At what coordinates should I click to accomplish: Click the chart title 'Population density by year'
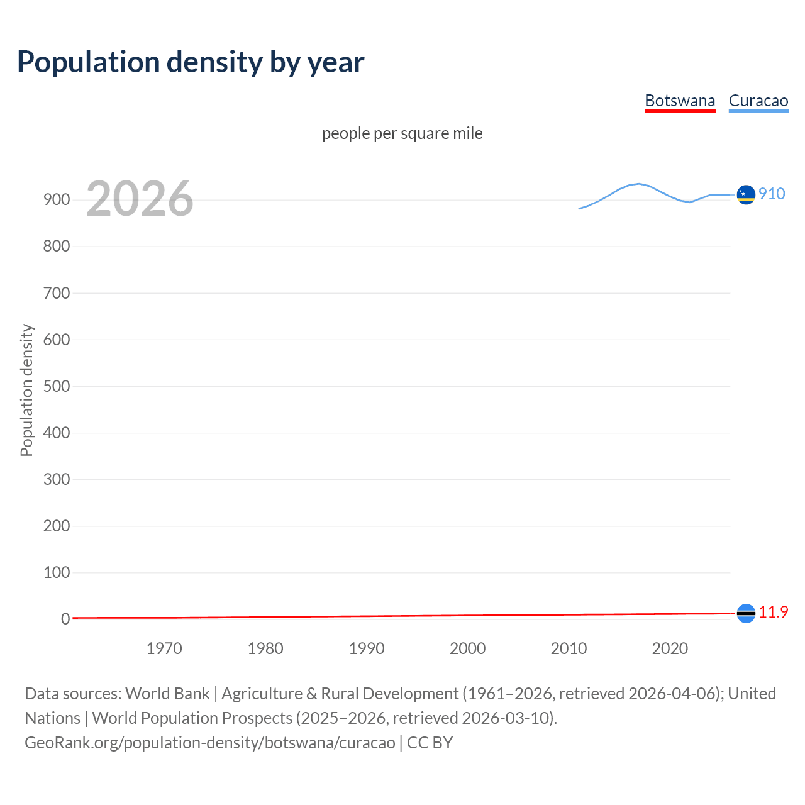[191, 62]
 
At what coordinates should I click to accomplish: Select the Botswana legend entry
[680, 101]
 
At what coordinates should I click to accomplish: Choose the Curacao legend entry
[758, 101]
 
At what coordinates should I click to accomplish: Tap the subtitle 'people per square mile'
[402, 133]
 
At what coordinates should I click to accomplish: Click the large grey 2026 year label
[140, 199]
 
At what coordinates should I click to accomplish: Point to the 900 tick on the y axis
[56, 200]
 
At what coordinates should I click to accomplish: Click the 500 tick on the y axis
[56, 386]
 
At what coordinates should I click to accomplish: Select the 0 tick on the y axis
[65, 619]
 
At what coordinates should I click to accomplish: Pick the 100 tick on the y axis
[56, 572]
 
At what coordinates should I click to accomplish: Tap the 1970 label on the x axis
[164, 648]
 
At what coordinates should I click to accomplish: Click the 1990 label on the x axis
[367, 648]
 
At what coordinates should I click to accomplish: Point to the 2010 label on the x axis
[569, 648]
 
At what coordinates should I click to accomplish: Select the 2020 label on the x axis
[670, 648]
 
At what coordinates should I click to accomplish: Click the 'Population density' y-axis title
[26, 390]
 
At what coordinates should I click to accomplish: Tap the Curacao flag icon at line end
[746, 195]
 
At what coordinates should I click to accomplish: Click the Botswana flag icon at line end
[746, 613]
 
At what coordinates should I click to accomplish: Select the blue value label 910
[772, 194]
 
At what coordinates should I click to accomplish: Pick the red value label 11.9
[773, 612]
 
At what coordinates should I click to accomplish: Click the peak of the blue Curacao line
[639, 184]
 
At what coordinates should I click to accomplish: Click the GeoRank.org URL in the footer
[210, 743]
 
